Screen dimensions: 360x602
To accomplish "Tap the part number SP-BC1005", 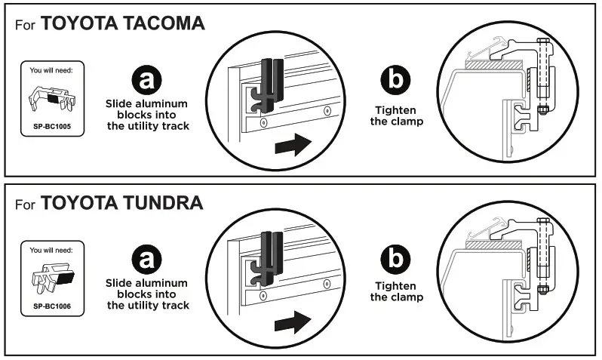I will click(x=52, y=126).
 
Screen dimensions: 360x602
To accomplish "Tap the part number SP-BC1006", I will click(x=52, y=306).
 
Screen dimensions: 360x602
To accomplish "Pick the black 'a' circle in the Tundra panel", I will click(x=146, y=261).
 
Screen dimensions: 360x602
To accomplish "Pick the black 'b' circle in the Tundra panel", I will click(x=397, y=261).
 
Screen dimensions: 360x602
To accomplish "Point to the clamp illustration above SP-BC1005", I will click(x=52, y=98).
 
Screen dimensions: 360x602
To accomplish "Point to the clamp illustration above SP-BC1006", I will click(x=52, y=279).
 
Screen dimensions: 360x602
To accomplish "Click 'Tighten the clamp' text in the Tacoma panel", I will click(x=397, y=115).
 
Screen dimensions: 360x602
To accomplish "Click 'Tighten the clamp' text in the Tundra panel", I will click(x=397, y=291).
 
